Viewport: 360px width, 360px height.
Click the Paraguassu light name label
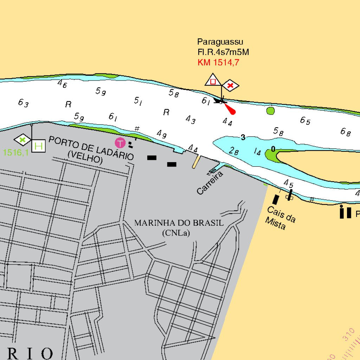[220, 42]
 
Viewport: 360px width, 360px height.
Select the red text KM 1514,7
[218, 63]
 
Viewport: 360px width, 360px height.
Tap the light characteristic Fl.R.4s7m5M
[223, 52]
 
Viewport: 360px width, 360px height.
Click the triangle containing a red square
[213, 81]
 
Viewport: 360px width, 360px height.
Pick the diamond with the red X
[230, 85]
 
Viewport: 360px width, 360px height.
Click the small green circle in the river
[270, 111]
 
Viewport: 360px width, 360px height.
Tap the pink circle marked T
[120, 143]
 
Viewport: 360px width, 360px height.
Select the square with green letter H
[38, 146]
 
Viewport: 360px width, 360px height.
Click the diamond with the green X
[23, 140]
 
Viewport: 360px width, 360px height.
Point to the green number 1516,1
[15, 153]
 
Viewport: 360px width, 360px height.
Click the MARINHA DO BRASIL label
[179, 223]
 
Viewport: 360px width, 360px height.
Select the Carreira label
[210, 183]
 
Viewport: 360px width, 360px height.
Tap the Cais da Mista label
[281, 218]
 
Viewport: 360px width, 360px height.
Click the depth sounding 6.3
[23, 103]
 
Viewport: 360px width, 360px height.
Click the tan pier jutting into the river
[197, 161]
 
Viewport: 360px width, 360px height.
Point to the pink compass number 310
[348, 334]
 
